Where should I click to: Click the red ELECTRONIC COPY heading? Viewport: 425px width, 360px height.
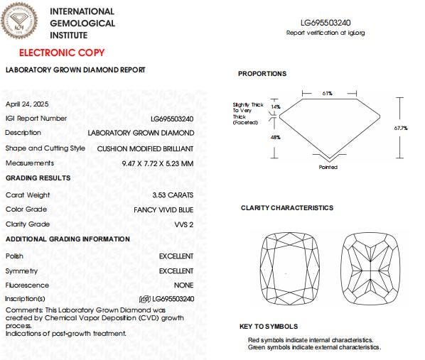tap(61, 53)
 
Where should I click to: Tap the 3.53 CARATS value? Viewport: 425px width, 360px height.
tap(173, 195)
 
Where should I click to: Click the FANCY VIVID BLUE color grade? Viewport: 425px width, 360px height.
tap(163, 209)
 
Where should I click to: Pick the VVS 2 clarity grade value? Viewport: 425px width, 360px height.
tap(183, 224)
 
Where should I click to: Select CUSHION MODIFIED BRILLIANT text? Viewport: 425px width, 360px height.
tap(145, 148)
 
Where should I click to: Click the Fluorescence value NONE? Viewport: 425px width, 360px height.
tap(183, 285)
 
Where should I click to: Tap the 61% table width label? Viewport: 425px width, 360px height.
tap(328, 93)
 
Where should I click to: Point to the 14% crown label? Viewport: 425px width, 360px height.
tap(276, 107)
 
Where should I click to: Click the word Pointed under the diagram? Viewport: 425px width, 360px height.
tap(328, 168)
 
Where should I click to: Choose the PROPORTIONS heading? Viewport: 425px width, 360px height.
tap(262, 74)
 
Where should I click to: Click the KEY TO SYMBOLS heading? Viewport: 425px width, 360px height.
tap(269, 327)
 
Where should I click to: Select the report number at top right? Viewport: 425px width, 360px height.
tap(326, 23)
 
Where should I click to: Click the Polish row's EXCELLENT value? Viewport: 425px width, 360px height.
tap(176, 256)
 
